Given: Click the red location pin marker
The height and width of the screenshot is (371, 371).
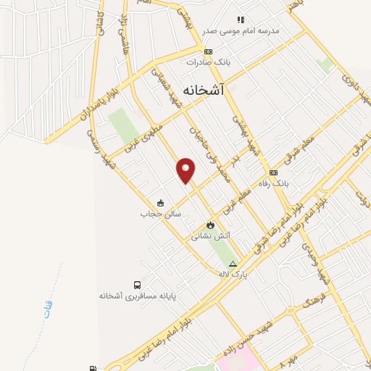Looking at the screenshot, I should (x=186, y=170).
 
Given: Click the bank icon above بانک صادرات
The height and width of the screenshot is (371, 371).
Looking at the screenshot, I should (x=208, y=51).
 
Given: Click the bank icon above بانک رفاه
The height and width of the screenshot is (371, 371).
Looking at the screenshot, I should (x=273, y=173).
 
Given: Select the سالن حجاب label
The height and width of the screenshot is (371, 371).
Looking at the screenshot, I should (x=160, y=214).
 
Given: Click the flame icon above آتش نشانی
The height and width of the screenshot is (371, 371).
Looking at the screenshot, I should (x=211, y=225).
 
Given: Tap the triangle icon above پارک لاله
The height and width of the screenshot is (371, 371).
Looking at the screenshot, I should (x=233, y=263).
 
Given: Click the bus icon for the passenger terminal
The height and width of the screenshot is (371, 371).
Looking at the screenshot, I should (x=138, y=285).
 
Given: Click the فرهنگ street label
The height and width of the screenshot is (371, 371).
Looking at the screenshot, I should (x=317, y=296).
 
